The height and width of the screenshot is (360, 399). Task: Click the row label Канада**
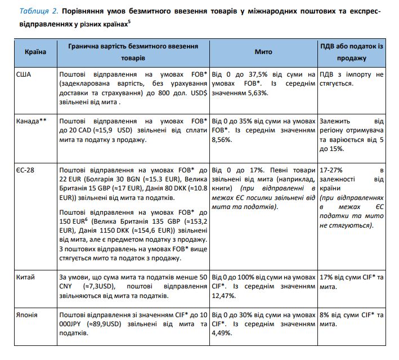[x=32, y=121]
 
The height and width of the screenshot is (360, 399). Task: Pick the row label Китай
[x=26, y=277]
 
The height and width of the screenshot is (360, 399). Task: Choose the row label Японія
[x=28, y=315]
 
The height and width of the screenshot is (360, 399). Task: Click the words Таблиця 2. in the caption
[x=39, y=11]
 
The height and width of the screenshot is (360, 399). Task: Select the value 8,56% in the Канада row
[x=223, y=140]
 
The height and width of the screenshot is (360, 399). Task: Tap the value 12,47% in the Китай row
[x=223, y=296]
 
